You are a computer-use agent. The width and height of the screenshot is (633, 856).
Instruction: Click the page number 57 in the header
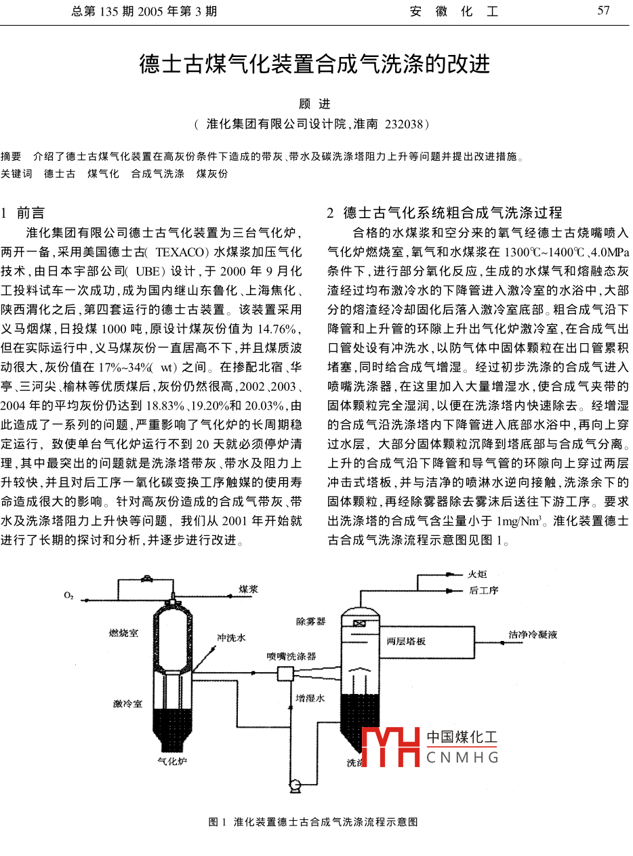click(x=603, y=11)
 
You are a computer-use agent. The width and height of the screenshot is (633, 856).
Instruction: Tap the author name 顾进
click(x=315, y=104)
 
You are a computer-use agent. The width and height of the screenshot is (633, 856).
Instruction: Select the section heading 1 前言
click(x=24, y=213)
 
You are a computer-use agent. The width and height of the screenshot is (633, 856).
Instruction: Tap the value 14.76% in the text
click(x=274, y=330)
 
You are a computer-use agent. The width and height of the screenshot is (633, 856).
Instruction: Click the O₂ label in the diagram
click(x=69, y=596)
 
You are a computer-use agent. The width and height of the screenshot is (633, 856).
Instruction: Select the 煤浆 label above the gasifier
click(x=248, y=589)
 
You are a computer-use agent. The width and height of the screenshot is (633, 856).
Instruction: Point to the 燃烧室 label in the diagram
click(x=123, y=633)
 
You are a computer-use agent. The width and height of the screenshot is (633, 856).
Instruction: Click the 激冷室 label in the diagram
click(x=127, y=703)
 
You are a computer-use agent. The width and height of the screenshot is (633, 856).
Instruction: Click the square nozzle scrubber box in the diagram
click(x=285, y=673)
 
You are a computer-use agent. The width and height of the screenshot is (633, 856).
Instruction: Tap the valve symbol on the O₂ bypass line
click(x=146, y=579)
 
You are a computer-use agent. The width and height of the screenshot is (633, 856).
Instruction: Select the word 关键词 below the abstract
click(x=16, y=174)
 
